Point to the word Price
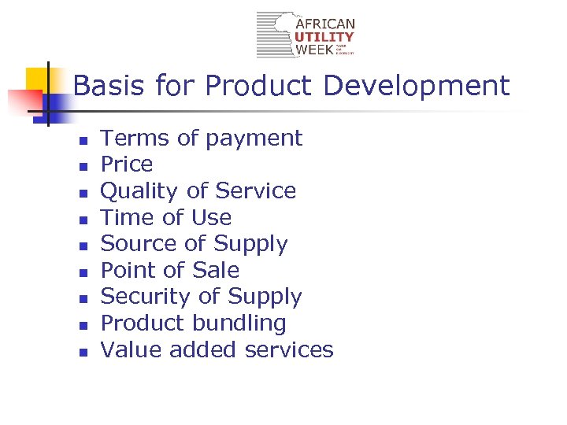coord(127,164)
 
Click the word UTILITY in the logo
coord(324,37)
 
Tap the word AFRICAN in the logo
coord(324,24)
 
